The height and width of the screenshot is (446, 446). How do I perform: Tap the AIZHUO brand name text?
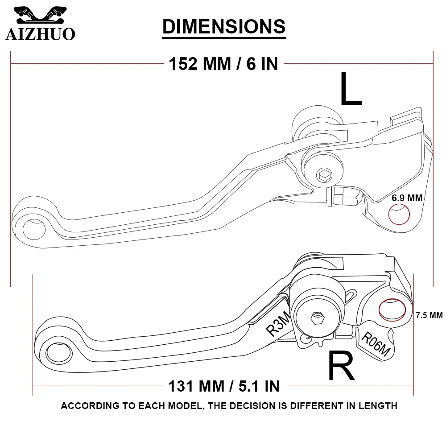point(40,34)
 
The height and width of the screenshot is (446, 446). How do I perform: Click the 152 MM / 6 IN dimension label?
point(223,64)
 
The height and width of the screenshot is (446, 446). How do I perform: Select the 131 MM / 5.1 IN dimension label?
point(223,385)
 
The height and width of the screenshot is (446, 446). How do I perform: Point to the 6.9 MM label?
point(407,198)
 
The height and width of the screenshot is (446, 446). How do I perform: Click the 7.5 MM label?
point(429,315)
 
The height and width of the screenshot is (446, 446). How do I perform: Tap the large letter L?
point(351,90)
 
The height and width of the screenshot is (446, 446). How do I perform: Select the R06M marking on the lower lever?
point(375,344)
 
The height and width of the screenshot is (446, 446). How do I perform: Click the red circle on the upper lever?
point(399,215)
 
